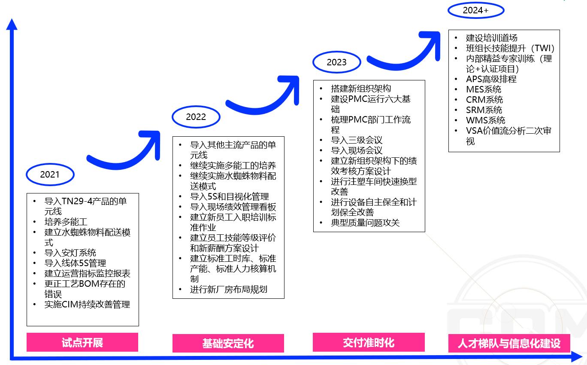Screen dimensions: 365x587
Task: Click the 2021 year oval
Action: (x=50, y=175)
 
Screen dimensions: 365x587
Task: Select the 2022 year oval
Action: (x=196, y=117)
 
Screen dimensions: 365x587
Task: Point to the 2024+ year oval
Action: (x=475, y=11)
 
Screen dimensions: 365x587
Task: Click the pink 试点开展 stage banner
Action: (x=82, y=343)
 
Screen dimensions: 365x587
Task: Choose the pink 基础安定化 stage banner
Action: (x=228, y=344)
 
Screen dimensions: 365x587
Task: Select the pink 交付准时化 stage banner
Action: (x=369, y=343)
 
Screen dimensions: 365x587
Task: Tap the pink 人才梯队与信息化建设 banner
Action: (x=509, y=344)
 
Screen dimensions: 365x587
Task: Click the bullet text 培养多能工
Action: (x=66, y=222)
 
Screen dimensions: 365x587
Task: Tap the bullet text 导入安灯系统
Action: (x=70, y=253)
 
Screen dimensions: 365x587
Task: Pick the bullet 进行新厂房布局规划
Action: (x=229, y=289)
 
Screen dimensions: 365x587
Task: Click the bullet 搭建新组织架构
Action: (x=361, y=89)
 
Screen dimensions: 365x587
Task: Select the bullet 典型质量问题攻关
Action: (x=365, y=223)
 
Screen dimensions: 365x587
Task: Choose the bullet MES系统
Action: (x=484, y=89)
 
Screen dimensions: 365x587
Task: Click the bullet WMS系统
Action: (x=486, y=120)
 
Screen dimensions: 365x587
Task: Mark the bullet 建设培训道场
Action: (x=492, y=38)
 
